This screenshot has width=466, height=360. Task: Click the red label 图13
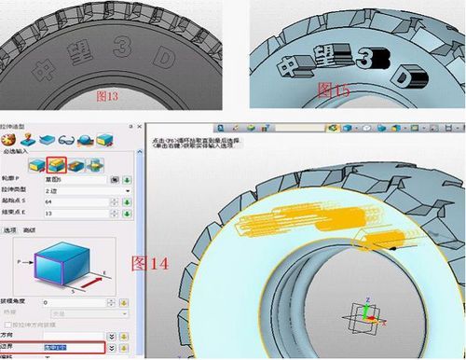108,95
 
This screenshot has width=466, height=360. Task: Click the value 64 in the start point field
75,201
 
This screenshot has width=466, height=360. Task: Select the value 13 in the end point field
75,214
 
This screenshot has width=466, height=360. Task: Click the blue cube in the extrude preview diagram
57,265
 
